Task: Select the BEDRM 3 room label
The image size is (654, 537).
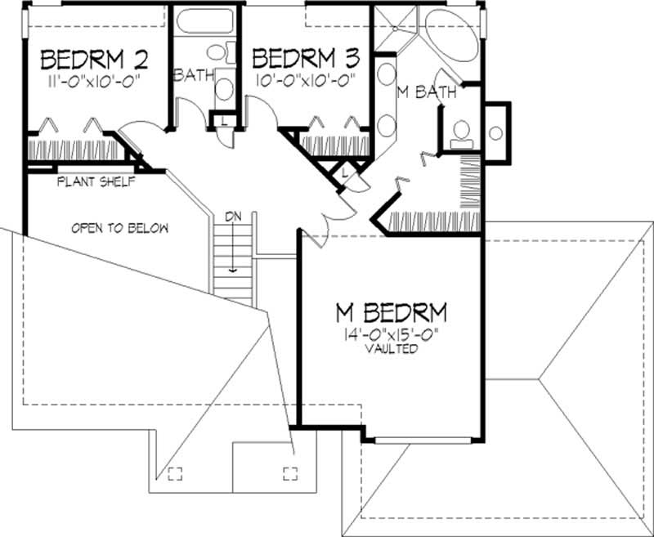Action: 306,58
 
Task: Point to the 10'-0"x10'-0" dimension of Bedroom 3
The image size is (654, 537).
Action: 304,79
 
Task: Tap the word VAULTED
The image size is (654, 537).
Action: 392,348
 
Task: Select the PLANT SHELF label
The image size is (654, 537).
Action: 95,182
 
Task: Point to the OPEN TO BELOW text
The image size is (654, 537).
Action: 119,228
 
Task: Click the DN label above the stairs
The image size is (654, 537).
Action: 234,216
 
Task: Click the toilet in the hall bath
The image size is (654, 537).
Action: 217,53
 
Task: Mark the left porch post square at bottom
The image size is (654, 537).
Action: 173,473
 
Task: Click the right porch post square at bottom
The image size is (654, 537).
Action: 289,473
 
